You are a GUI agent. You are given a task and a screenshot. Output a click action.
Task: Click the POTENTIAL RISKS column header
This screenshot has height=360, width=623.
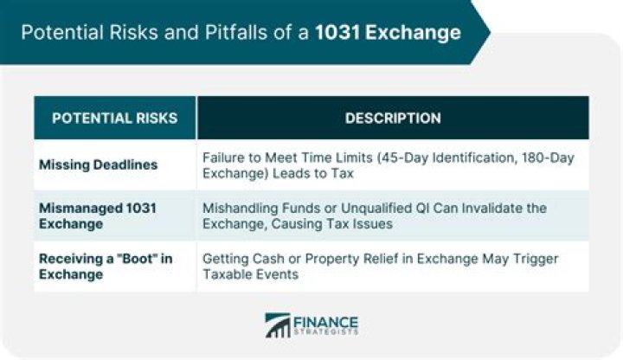[x=114, y=118]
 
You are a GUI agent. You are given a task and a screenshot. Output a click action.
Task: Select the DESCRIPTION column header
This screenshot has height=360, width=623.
[x=393, y=118]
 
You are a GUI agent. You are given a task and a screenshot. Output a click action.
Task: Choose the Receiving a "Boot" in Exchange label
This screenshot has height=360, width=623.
[x=105, y=265]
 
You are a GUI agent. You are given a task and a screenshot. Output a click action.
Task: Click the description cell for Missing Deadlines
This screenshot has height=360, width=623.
[x=386, y=165]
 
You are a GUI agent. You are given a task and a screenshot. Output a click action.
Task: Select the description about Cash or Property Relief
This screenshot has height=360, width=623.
[x=381, y=265]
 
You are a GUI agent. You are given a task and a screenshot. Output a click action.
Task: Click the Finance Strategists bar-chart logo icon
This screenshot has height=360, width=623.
[x=278, y=325]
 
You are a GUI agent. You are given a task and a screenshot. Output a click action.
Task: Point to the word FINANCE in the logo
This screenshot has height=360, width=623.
[x=325, y=319]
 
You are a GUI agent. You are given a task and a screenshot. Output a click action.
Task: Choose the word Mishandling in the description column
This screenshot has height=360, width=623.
[x=241, y=208]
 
